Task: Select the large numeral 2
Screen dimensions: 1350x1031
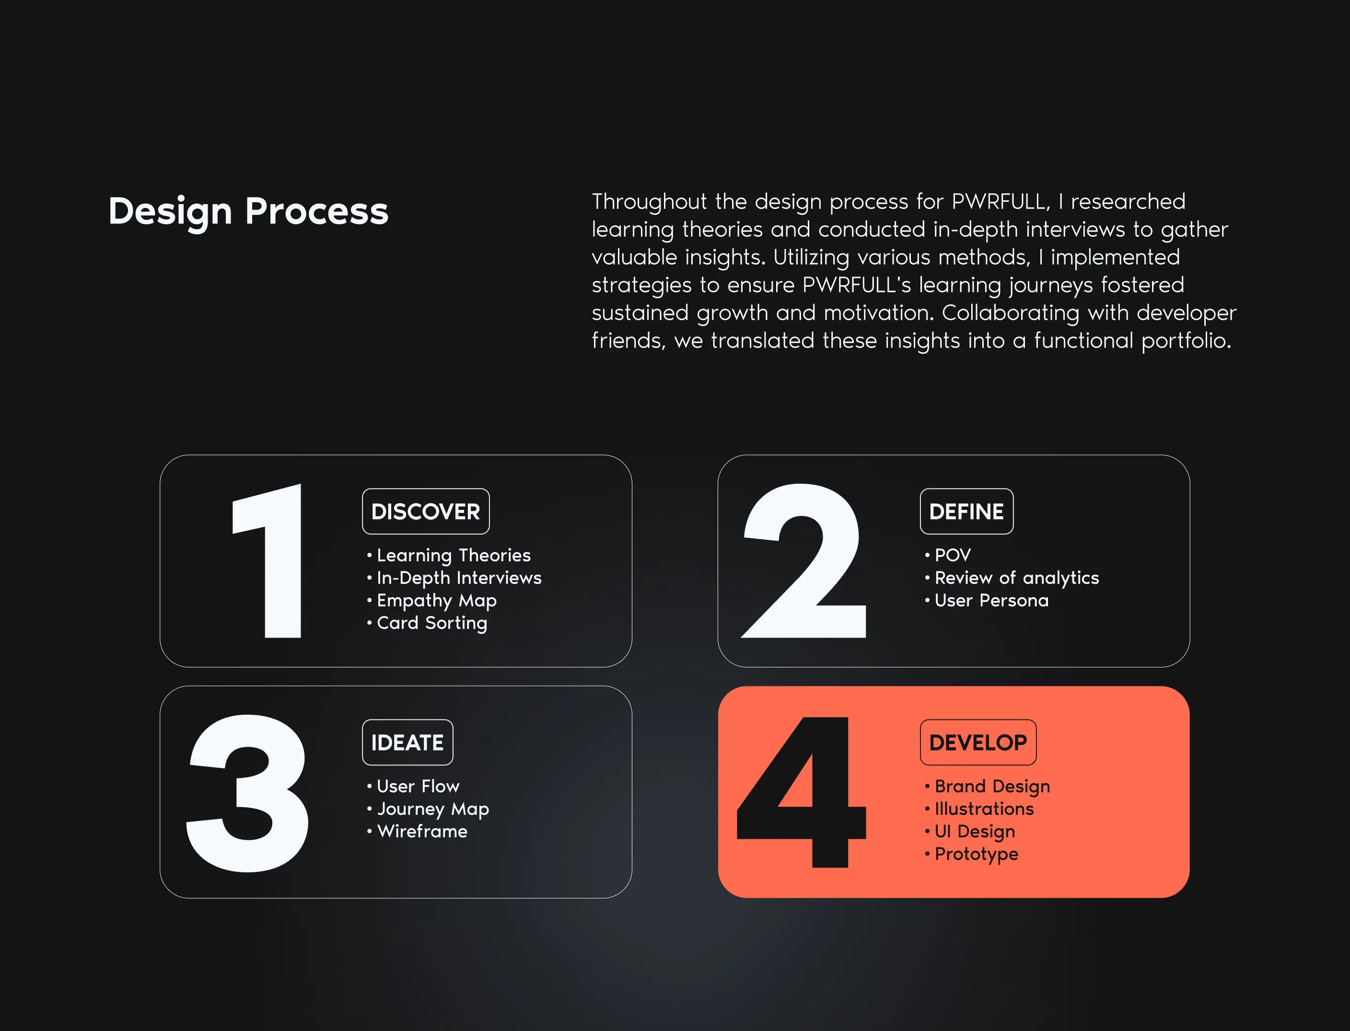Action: coord(804,560)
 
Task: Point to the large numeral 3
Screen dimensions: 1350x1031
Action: coord(247,793)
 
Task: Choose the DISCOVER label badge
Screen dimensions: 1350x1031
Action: coord(426,511)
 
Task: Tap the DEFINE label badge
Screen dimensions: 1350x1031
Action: coord(966,511)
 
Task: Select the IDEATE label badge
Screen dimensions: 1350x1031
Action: coord(407,742)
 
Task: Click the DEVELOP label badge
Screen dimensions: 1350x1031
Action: coord(978,742)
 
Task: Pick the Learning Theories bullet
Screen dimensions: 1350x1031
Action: coord(449,556)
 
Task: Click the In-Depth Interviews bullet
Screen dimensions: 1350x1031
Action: coord(454,578)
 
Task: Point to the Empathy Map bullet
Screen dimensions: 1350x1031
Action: coord(431,601)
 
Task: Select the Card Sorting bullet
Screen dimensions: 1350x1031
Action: coord(427,624)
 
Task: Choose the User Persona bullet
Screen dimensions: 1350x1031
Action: coord(987,601)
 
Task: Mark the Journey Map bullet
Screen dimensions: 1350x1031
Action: coord(428,810)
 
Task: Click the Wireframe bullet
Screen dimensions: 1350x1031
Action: coord(417,832)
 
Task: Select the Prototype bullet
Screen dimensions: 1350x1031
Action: coord(971,854)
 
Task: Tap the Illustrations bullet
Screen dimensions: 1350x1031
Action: coord(979,809)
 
